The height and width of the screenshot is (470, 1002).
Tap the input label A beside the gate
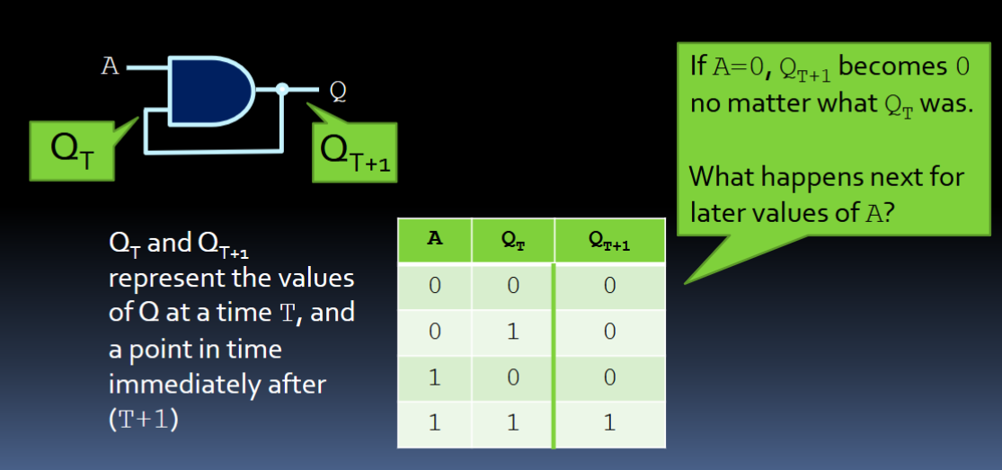click(110, 67)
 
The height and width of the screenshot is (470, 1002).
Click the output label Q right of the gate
click(338, 92)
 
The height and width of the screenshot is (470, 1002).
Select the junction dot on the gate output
click(282, 90)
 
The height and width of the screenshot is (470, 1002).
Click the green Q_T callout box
click(72, 151)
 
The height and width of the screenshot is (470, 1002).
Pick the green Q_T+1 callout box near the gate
click(355, 153)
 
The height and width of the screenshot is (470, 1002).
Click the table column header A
click(435, 240)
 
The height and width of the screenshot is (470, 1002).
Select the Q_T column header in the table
click(513, 241)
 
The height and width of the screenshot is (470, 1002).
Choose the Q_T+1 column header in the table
click(609, 241)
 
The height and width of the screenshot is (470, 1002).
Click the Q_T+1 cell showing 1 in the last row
click(609, 424)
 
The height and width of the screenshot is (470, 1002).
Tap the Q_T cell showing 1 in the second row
click(513, 332)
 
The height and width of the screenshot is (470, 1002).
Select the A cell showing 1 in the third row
click(435, 378)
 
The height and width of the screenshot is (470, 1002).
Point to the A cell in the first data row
click(435, 286)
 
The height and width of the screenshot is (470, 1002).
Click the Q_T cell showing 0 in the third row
click(513, 378)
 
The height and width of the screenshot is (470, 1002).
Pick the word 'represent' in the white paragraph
click(155, 280)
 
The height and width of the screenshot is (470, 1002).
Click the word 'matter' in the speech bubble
click(776, 103)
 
